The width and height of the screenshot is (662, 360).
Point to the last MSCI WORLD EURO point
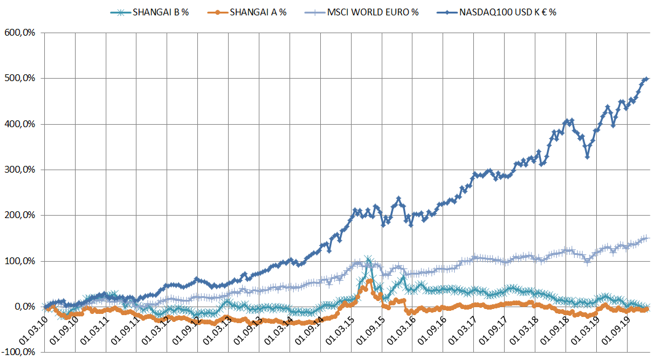647,238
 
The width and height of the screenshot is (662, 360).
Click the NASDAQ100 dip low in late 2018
587,157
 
